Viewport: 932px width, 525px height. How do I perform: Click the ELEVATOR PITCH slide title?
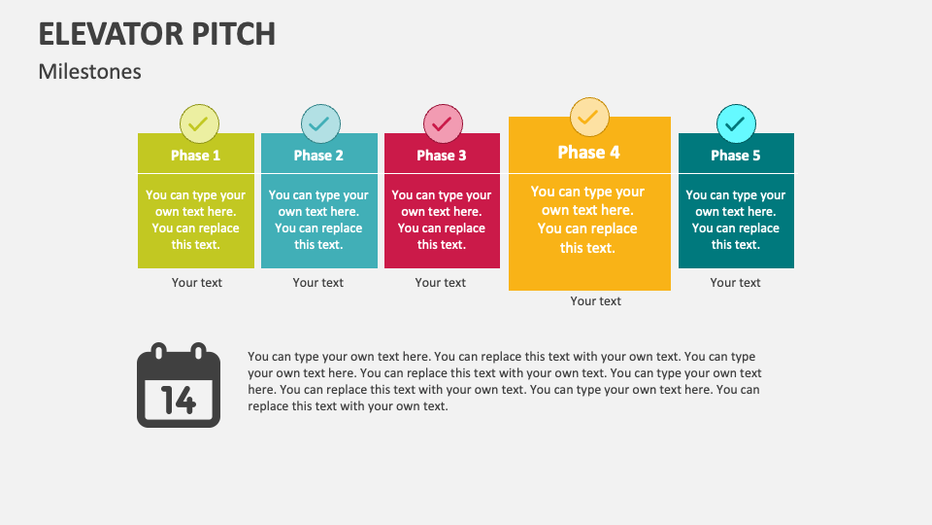tap(157, 33)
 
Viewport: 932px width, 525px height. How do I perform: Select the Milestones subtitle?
tap(90, 72)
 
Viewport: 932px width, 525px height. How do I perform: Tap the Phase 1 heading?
tap(195, 156)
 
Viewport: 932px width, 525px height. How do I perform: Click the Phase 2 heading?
tap(318, 156)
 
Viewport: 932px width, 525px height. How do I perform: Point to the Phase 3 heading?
tap(442, 156)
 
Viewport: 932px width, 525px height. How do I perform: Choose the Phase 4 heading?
tap(588, 153)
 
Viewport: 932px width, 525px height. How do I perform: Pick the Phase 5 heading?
tap(736, 156)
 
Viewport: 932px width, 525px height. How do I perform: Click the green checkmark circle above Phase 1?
tap(199, 124)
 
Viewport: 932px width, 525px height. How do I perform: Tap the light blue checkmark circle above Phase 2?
tap(320, 124)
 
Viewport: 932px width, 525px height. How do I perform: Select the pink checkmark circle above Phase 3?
tap(443, 124)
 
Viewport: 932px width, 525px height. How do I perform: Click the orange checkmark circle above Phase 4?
tap(589, 118)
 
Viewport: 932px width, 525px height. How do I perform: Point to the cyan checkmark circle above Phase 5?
tap(736, 124)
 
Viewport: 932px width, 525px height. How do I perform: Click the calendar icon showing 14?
tap(179, 386)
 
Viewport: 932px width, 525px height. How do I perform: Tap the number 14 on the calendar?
tap(179, 400)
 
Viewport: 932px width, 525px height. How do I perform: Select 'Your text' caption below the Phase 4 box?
tap(595, 301)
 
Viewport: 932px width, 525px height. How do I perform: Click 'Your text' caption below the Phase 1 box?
tap(197, 283)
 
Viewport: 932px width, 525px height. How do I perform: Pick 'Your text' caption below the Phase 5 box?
tap(735, 283)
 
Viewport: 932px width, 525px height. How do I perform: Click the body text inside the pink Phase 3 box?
tap(442, 220)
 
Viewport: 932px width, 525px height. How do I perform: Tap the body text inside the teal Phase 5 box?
tap(736, 220)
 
